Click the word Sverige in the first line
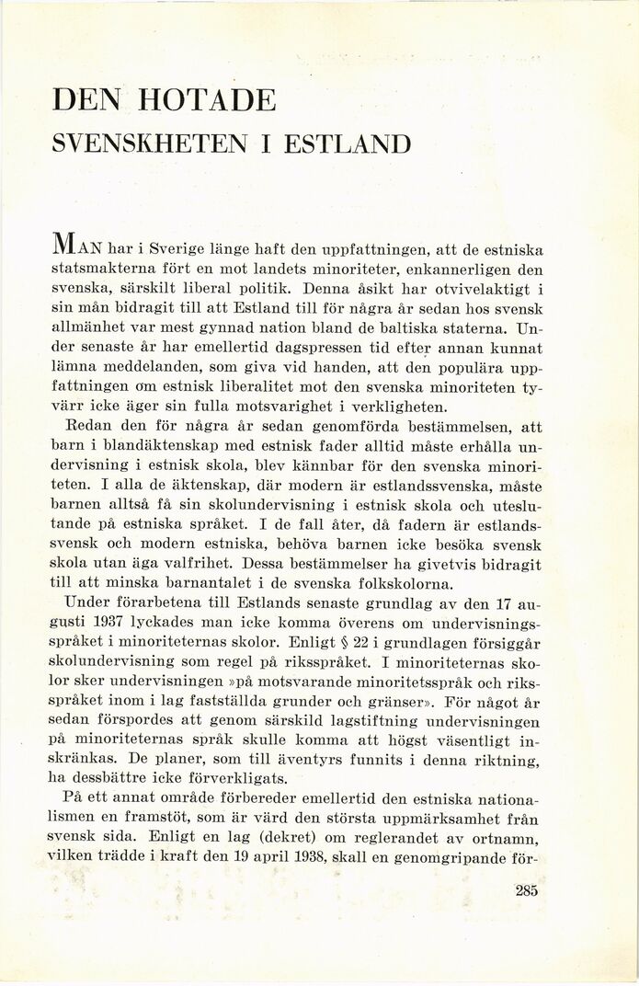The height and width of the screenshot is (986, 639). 181,249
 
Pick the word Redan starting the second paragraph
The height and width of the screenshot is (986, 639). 86,427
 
